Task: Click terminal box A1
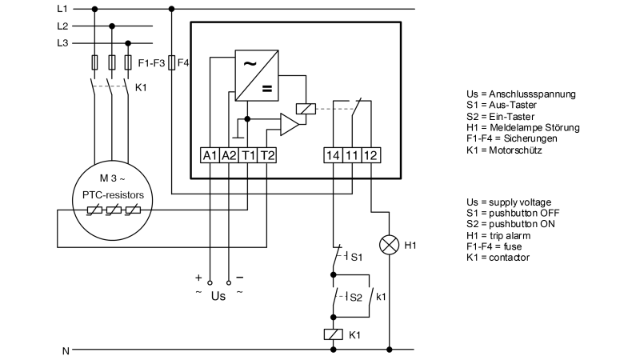click(x=209, y=154)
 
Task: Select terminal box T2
click(x=267, y=154)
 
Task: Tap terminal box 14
click(x=334, y=154)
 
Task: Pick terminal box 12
click(x=371, y=154)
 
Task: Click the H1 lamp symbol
click(x=390, y=245)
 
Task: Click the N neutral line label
click(x=66, y=350)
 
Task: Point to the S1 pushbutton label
click(x=356, y=257)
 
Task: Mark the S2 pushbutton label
click(x=356, y=296)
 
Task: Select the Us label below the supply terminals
click(x=218, y=295)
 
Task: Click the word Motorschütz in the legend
click(x=515, y=150)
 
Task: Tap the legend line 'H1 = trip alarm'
click(x=505, y=235)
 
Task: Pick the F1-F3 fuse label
click(x=151, y=62)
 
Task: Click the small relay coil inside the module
click(x=304, y=108)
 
